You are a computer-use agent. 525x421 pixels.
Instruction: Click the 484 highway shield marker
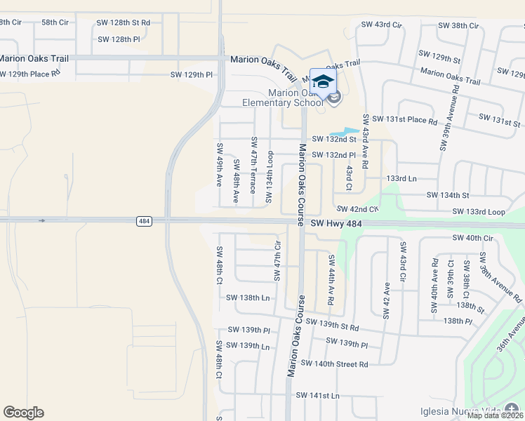(x=144, y=221)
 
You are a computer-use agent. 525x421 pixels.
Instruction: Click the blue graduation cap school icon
(x=322, y=81)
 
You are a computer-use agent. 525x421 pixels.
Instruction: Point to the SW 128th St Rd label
(x=124, y=22)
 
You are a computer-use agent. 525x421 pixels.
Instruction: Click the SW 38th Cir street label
(x=458, y=25)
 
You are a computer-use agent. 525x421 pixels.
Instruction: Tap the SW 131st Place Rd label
(x=404, y=120)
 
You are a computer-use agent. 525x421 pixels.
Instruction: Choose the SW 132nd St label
(x=334, y=139)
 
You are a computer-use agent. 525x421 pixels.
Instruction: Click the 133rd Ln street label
(x=401, y=178)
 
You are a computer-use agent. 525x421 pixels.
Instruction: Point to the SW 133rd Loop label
(x=479, y=211)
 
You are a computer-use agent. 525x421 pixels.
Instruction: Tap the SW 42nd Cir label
(x=357, y=209)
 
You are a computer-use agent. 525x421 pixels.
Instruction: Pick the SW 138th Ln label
(x=248, y=298)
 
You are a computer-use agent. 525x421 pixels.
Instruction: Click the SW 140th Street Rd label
(x=334, y=363)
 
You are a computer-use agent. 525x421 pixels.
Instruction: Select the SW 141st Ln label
(x=317, y=396)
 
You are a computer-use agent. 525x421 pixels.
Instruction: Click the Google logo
(x=23, y=413)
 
